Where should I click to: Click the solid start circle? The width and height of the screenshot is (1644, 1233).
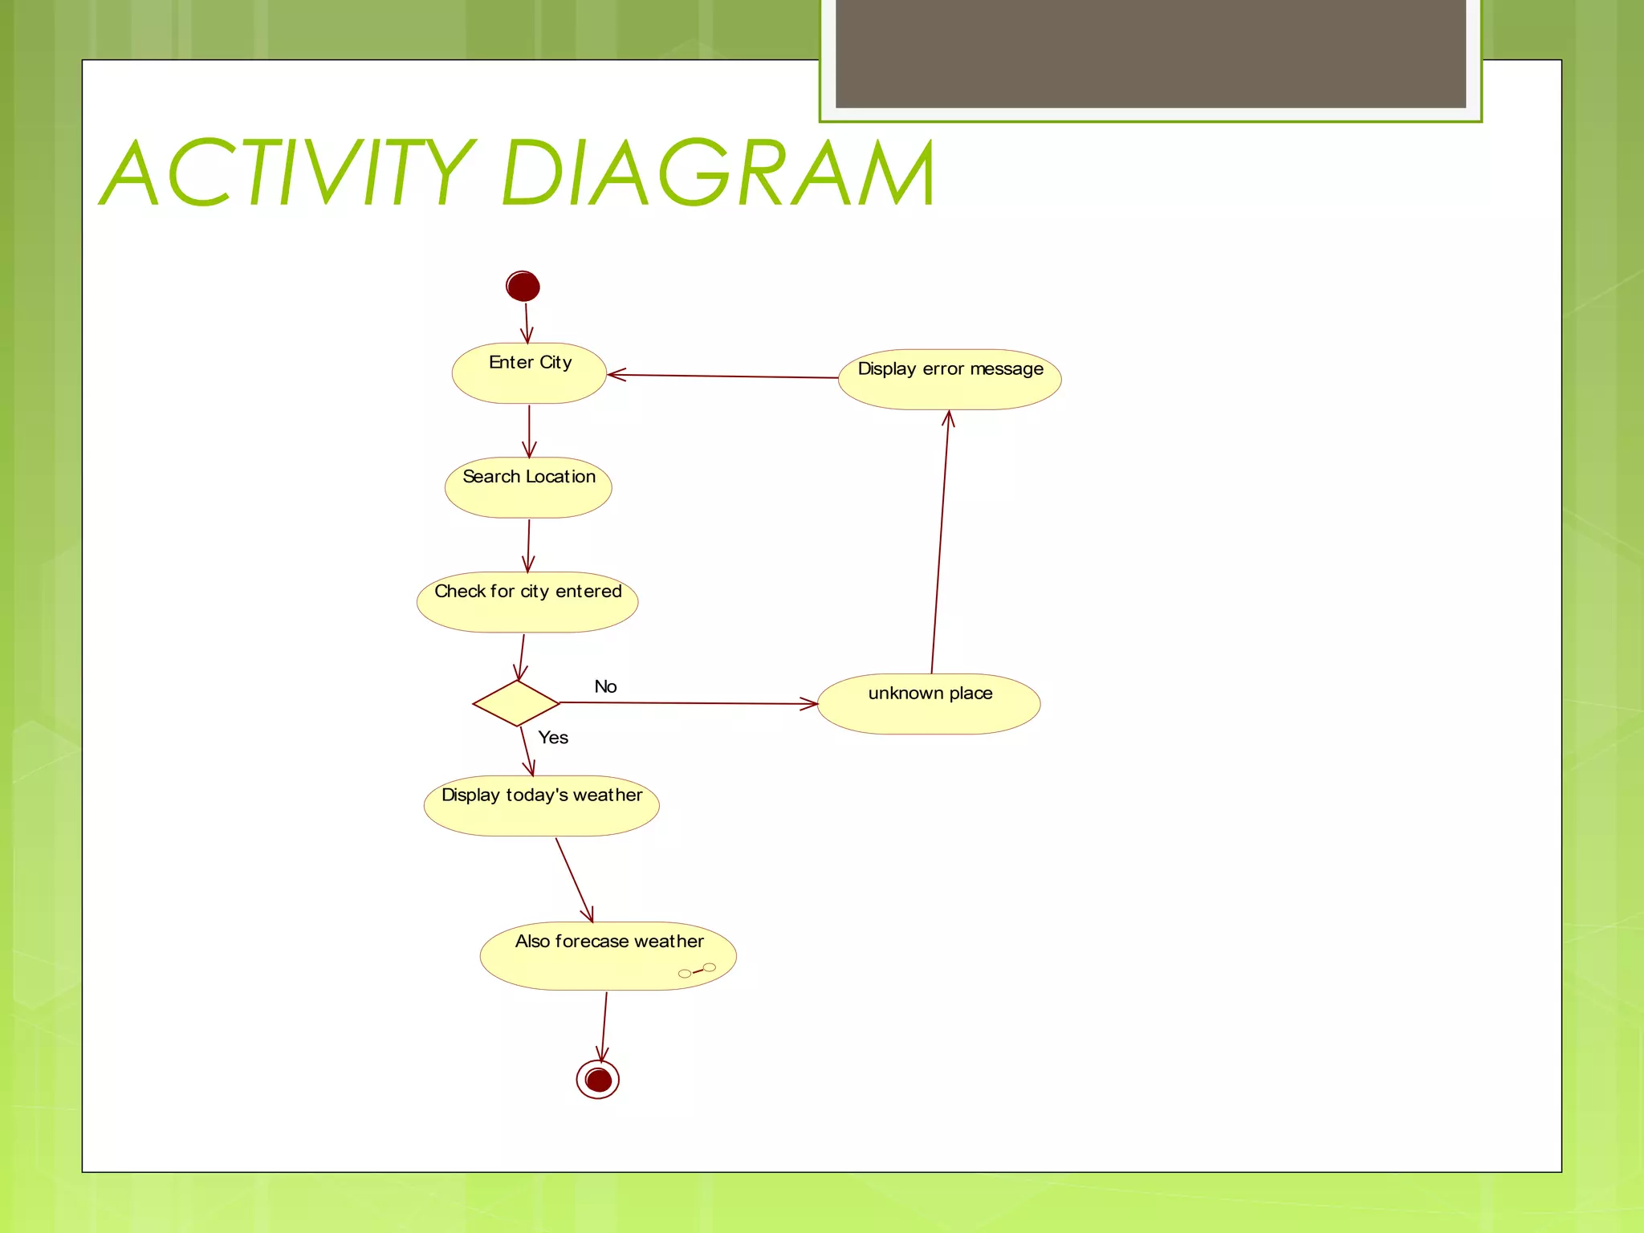click(x=523, y=287)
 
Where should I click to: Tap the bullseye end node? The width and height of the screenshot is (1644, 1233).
click(x=598, y=1080)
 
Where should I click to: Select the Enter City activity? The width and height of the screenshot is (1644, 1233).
click(x=529, y=373)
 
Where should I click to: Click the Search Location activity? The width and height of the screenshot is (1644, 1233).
click(x=528, y=487)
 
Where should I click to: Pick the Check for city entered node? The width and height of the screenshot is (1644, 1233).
click(x=527, y=602)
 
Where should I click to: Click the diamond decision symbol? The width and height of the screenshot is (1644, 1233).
click(x=516, y=703)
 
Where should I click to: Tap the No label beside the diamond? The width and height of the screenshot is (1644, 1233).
click(x=605, y=686)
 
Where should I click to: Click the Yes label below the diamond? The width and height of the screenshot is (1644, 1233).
click(x=553, y=738)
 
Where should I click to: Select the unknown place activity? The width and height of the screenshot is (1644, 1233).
click(x=929, y=703)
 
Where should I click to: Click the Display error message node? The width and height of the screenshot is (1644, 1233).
click(x=950, y=379)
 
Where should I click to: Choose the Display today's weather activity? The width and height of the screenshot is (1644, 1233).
click(x=542, y=805)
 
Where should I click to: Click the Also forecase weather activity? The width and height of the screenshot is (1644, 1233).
click(x=608, y=955)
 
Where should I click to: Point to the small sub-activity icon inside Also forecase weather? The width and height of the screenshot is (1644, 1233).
click(x=697, y=971)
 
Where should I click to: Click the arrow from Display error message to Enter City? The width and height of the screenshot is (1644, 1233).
click(x=722, y=376)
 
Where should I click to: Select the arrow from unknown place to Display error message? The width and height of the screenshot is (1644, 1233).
click(x=940, y=542)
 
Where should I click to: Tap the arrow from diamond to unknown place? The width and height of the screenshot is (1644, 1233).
click(x=689, y=703)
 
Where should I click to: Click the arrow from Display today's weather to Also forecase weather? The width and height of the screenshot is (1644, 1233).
click(x=574, y=879)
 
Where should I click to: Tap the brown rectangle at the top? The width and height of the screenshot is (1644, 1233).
click(x=1150, y=53)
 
